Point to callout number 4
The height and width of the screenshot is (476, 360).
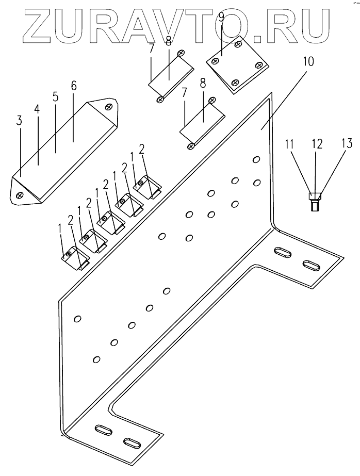click(37, 110)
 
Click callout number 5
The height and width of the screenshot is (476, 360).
click(56, 97)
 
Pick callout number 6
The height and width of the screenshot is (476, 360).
click(73, 86)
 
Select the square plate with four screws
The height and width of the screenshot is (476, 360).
click(237, 64)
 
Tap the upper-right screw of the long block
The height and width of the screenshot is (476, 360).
click(108, 106)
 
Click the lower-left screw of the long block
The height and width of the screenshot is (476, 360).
click(20, 195)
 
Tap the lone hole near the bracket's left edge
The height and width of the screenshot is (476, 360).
click(77, 319)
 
